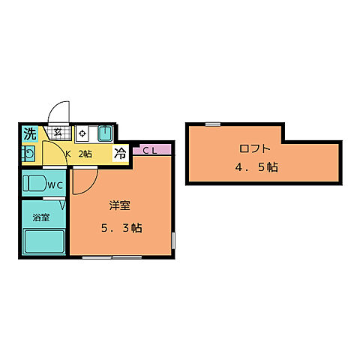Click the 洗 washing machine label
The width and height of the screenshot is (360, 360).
click(30, 133)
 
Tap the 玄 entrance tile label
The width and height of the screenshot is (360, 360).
click(58, 132)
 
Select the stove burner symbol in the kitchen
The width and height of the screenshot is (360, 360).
click(82, 133)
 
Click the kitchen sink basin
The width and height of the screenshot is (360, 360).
click(105, 133)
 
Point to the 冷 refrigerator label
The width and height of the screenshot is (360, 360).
click(120, 153)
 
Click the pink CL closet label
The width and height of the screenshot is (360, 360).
click(150, 150)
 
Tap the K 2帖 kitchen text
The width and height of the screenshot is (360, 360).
click(79, 154)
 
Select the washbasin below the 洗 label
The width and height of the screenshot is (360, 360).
click(28, 154)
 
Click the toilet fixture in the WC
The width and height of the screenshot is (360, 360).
click(34, 183)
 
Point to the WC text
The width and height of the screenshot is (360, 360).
click(55, 185)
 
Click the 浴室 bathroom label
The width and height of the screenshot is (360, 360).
click(41, 217)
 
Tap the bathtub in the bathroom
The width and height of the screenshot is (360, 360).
click(44, 241)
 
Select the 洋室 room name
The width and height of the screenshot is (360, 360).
click(120, 205)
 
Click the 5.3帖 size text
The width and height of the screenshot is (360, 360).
click(121, 228)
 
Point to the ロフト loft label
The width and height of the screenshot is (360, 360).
click(255, 148)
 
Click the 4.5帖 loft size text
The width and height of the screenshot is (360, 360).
click(256, 167)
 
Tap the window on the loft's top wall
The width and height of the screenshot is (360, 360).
click(213, 124)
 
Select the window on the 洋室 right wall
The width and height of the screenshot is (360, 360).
click(173, 241)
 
